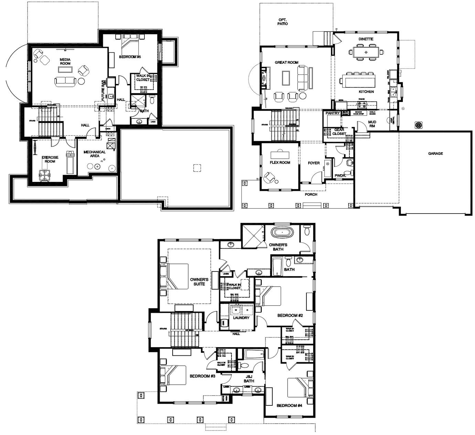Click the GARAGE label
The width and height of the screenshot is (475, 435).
[x=435, y=154]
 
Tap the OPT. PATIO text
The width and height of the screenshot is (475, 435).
[x=282, y=22]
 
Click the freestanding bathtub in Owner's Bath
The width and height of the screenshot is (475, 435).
[x=283, y=232]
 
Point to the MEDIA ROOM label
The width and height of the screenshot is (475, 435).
[x=65, y=62]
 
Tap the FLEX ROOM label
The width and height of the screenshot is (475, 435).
[x=280, y=163]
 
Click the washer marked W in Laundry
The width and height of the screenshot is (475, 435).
[x=236, y=310]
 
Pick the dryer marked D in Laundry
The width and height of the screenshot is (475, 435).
[x=247, y=310]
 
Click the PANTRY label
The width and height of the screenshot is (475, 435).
[x=333, y=113]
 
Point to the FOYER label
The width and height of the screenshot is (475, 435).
[x=313, y=163]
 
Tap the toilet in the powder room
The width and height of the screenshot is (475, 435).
[x=349, y=162]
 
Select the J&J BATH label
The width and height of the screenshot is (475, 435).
[x=249, y=379]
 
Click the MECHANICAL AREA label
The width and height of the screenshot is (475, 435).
[x=94, y=154]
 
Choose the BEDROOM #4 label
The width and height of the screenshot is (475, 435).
[x=289, y=406]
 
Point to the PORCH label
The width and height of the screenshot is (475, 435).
[x=311, y=195]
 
